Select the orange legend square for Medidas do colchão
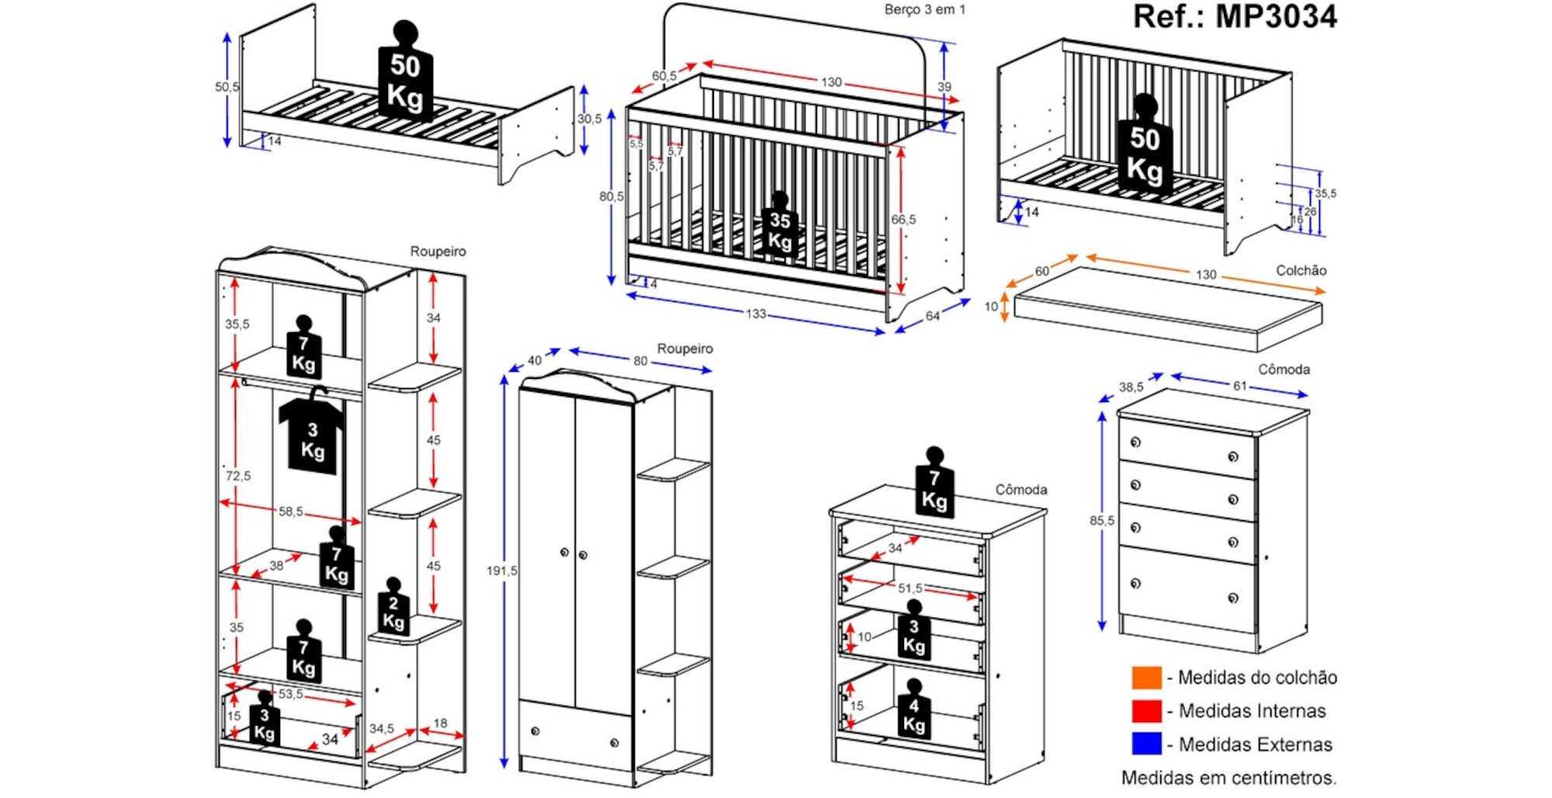point(1146,678)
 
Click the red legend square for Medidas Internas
point(1146,711)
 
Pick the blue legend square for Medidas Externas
point(1146,744)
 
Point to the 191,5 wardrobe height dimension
point(501,571)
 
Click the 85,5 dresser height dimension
point(1101,521)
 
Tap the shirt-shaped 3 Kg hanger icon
point(312,439)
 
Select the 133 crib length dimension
point(756,314)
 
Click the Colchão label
point(1301,270)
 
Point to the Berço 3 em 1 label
point(924,10)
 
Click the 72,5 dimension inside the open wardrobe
point(237,476)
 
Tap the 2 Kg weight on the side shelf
point(393,610)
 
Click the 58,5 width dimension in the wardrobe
point(291,512)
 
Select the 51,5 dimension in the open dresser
point(909,588)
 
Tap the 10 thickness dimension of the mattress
point(991,307)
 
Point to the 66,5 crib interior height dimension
point(903,220)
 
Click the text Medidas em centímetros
point(1228,778)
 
